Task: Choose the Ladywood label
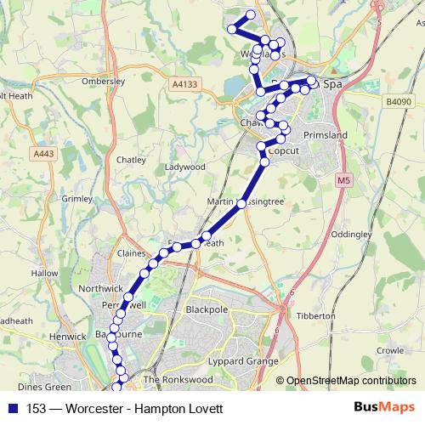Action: tap(185, 167)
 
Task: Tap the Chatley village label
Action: tap(131, 159)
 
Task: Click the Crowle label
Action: tap(390, 349)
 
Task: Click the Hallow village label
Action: tap(44, 274)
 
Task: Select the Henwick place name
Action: tap(69, 337)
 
